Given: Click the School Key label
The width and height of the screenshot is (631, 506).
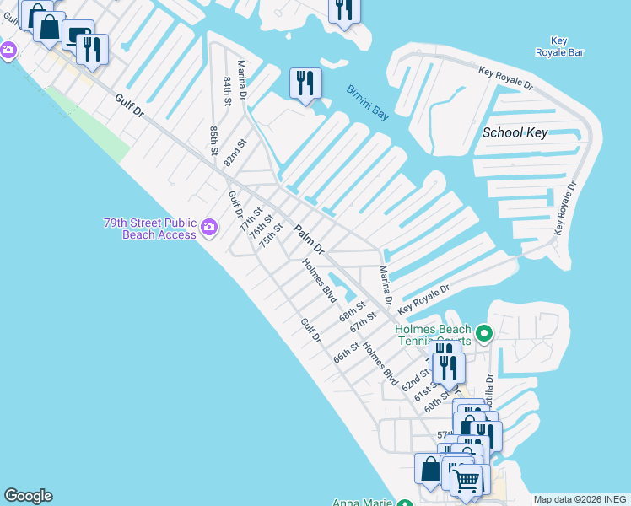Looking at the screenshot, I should coord(515,132).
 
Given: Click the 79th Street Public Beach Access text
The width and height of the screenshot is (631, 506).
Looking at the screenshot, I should coord(149,228).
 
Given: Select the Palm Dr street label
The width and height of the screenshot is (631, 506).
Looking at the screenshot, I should coord(308,239).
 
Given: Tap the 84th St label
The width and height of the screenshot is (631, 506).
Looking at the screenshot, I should coord(227,91).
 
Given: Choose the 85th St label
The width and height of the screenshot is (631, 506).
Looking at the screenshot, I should coord(214,141).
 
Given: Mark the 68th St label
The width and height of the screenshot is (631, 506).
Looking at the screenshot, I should coord(352,310).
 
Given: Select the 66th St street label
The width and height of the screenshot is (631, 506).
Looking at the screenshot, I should coord(346,352).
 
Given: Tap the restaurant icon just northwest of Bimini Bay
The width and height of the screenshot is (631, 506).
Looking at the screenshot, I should coord(305,83).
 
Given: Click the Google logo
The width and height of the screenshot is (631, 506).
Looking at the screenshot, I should coord(28,496).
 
